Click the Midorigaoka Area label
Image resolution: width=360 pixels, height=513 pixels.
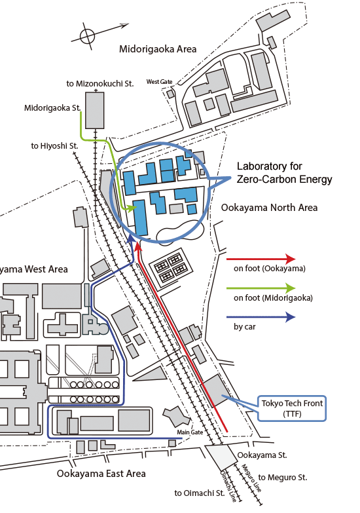click(x=158, y=49)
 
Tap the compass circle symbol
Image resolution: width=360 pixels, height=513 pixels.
click(x=87, y=35)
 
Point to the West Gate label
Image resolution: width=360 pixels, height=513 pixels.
click(x=159, y=82)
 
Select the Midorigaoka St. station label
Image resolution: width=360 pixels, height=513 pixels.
click(x=52, y=108)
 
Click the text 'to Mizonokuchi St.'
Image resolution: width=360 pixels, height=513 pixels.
click(x=100, y=84)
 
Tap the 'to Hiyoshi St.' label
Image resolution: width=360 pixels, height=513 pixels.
click(x=54, y=146)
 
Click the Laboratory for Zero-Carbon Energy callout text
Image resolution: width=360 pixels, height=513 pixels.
click(x=285, y=173)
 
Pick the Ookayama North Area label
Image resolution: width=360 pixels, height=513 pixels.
click(x=270, y=208)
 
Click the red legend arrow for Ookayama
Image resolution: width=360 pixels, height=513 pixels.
click(x=261, y=259)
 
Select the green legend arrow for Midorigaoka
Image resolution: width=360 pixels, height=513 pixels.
click(x=261, y=288)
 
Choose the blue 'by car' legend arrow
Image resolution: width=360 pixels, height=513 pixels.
click(x=261, y=317)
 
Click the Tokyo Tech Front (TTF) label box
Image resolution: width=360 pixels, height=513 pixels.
click(x=292, y=408)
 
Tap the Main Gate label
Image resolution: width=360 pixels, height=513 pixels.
click(x=190, y=432)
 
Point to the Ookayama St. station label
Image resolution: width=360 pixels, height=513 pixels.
click(x=262, y=455)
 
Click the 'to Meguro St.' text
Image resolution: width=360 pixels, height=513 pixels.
click(x=283, y=478)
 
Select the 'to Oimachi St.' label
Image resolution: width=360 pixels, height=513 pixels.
click(x=199, y=493)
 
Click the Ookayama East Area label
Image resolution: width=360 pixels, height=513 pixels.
click(x=101, y=474)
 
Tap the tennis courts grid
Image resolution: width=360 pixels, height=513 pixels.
click(x=170, y=269)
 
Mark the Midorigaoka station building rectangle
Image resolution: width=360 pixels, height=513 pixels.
click(x=95, y=110)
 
